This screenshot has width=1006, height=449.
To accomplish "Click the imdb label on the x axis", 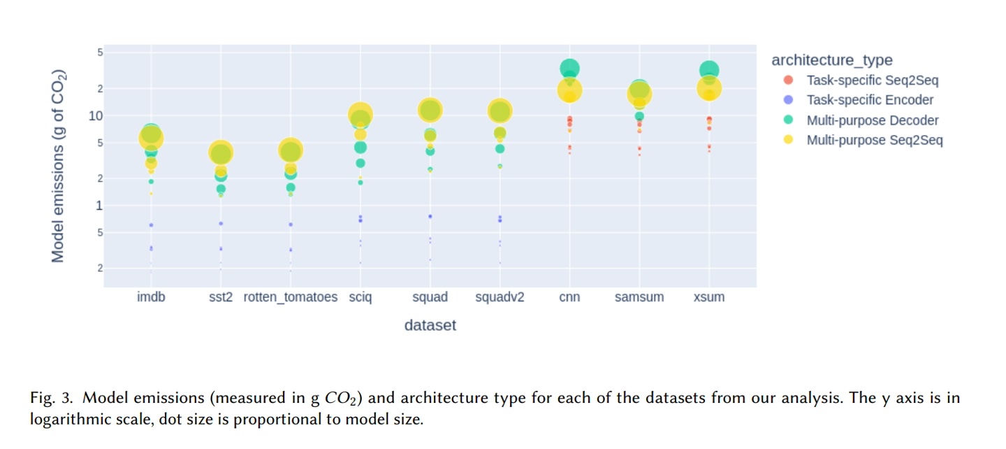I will coord(151,297).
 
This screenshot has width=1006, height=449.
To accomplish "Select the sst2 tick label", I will coord(221,297).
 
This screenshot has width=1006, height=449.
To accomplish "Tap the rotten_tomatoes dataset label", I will coord(291,297).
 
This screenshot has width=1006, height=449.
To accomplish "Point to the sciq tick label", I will coord(360,297).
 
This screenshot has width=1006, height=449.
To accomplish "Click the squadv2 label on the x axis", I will coord(500,297).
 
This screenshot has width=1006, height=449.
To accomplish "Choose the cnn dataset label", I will coord(569,297).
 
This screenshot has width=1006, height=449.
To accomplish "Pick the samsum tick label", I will coord(639,297).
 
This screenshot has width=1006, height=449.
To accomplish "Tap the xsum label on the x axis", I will coord(709,297).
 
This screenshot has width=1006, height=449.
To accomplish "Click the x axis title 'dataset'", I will coord(430,325).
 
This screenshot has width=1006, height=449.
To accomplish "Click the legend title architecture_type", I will coord(831,60).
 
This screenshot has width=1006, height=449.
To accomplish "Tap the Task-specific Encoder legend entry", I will coord(870,100).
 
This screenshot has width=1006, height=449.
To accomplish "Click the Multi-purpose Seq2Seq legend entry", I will coord(875,140).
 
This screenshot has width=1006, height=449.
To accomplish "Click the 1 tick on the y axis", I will coord(97,205).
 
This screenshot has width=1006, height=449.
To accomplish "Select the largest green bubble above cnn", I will coord(569,69).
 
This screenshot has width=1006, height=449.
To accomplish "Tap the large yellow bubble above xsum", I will coord(709,89).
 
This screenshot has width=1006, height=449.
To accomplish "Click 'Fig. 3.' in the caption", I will coord(52,399).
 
